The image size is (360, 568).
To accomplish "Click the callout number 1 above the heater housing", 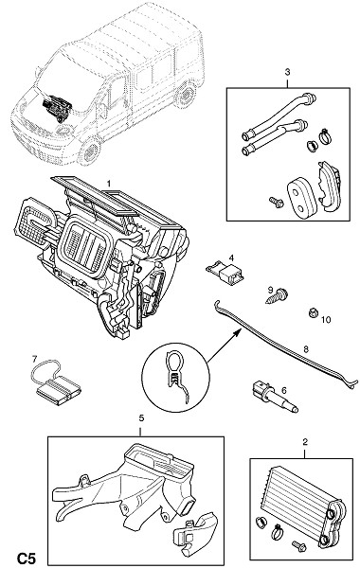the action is tap(108, 184).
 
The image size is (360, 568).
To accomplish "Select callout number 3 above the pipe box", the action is tap(287, 72).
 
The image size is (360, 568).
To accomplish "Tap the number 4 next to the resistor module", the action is tap(231, 257).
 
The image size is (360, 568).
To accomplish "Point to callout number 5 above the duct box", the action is tap(141, 418).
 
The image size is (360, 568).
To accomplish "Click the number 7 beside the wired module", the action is tap(34, 359).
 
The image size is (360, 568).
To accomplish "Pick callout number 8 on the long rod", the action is tap(306, 349).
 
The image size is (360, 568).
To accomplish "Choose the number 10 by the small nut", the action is tap(326, 320).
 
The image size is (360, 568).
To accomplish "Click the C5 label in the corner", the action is tap(27, 559).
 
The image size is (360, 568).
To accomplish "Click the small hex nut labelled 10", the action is tap(313, 312).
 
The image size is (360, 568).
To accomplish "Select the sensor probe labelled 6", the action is tap(275, 396).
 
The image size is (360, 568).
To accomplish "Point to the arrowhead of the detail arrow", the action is tap(237, 331).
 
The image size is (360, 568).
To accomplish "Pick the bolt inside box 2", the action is tap(298, 545).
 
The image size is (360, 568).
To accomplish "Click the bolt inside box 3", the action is tap(277, 203).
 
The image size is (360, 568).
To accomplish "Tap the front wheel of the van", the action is tap(89, 151).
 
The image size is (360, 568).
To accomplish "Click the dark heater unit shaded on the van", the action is tap(58, 106).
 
